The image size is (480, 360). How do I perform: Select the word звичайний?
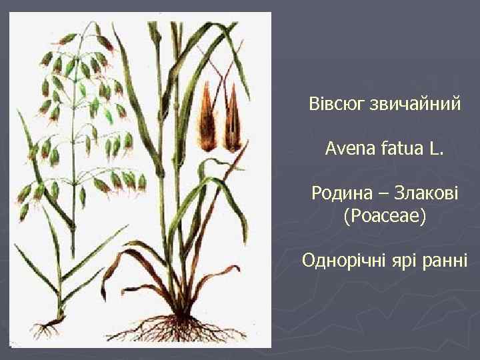417,105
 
